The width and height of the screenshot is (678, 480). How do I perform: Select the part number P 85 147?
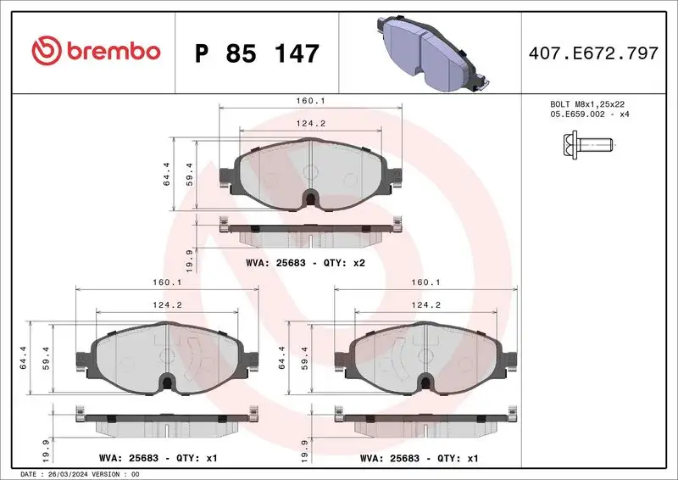pos(257,53)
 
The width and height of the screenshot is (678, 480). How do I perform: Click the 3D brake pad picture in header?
pos(430,53)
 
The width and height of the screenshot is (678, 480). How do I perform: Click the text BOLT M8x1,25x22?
pos(587,103)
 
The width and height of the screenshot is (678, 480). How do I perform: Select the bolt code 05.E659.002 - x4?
pos(587,114)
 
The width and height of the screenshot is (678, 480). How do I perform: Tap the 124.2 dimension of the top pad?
pos(313,123)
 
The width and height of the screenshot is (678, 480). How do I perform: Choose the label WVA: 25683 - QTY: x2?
pos(305,264)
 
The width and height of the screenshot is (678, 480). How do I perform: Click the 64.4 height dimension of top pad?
pos(167,174)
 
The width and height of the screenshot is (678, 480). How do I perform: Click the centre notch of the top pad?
pos(311,197)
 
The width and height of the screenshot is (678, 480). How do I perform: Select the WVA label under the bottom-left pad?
pos(162,458)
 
